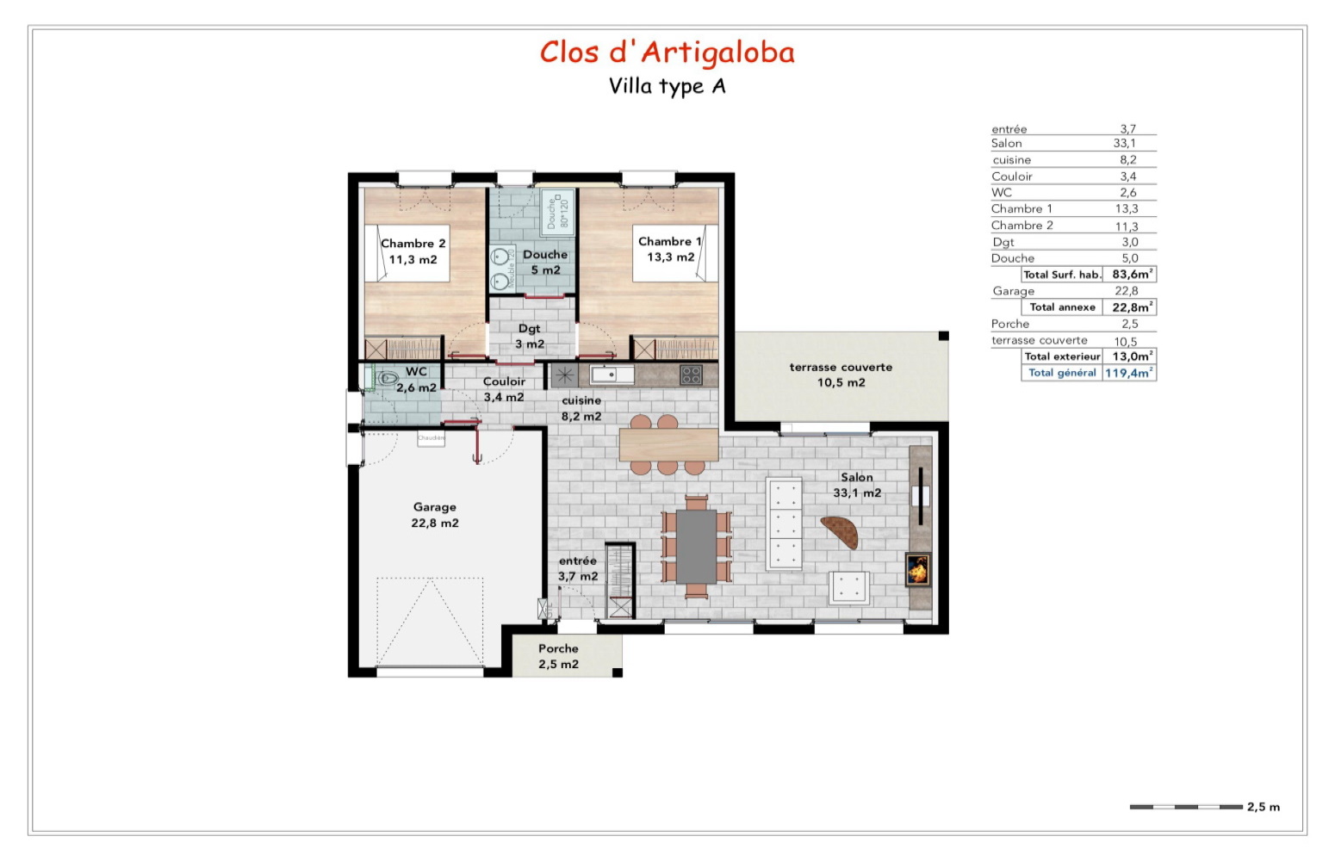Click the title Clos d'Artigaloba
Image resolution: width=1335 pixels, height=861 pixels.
tap(667, 53)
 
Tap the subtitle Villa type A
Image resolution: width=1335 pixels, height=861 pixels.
tap(667, 86)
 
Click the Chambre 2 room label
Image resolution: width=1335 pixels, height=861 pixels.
tap(413, 251)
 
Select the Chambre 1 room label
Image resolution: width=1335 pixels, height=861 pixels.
tap(670, 249)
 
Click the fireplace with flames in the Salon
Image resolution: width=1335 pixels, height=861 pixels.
tap(917, 569)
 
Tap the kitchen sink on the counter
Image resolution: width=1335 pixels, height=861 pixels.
tap(612, 375)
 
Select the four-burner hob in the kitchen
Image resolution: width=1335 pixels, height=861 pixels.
tap(691, 375)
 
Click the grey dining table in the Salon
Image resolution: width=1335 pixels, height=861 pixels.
tap(696, 546)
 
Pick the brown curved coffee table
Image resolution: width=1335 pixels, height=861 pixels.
tap(840, 531)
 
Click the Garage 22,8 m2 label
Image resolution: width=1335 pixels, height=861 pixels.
tap(434, 515)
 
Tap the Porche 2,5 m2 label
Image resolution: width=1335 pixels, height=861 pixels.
tap(558, 656)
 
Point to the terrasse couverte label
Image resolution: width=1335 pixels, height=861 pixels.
tap(841, 375)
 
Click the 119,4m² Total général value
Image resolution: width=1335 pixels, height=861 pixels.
tap(1128, 373)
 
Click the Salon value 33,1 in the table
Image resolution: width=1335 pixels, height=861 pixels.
tap(1124, 144)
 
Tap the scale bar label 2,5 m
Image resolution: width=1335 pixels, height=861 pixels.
tap(1263, 807)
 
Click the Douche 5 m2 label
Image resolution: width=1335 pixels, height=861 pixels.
tap(545, 262)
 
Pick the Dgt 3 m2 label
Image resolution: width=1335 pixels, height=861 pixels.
tap(530, 336)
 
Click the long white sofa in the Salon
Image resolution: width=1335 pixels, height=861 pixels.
tap(784, 523)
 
